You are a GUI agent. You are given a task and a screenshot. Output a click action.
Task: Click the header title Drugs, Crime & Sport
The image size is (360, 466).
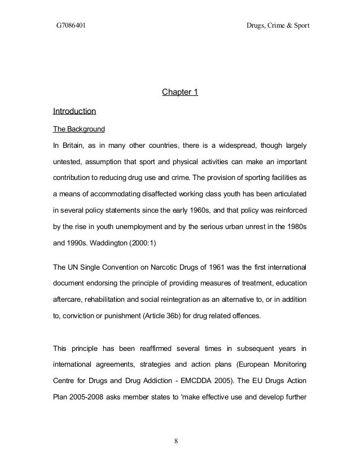[x=278, y=26]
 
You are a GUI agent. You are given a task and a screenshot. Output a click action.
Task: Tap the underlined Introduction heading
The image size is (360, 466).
[x=74, y=110]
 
